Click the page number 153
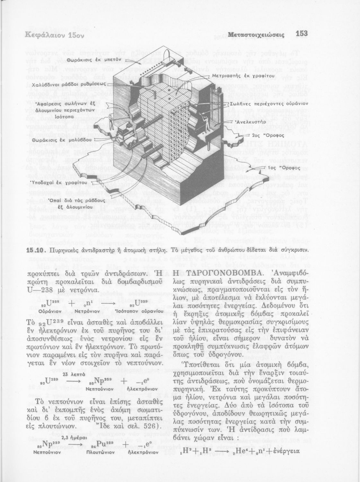click(x=302, y=33)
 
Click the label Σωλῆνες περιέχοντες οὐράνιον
click(x=269, y=104)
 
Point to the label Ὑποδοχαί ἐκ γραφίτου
click(x=57, y=183)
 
